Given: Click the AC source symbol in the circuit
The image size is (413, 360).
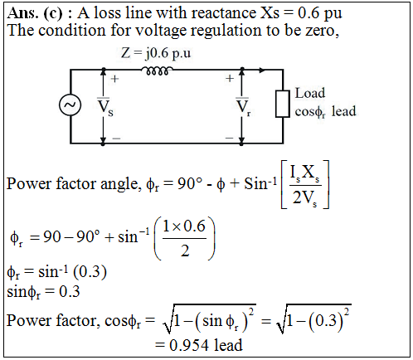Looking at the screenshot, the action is tap(70, 105).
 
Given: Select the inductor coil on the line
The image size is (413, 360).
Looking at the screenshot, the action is tap(157, 71).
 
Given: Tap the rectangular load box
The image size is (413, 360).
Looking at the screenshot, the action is tap(283, 104).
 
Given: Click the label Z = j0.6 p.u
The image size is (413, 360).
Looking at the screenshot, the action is tap(156, 53).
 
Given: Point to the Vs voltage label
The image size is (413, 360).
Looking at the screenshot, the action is tap(105, 107).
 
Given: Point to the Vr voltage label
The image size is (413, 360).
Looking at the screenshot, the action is tap(243, 107).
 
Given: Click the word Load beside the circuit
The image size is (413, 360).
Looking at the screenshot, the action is tap(310, 93).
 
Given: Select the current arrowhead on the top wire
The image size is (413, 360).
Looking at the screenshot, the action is tap(262, 71).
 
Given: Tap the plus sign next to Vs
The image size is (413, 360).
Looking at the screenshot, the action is tap(114, 79).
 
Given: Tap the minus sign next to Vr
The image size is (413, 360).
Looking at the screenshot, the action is tap(229, 138).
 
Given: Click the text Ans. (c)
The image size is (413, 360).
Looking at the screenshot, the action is tap(35, 13).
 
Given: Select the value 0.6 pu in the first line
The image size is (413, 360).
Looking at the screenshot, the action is tap(320, 13).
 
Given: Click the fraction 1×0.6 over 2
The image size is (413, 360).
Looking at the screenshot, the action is tap(184, 238).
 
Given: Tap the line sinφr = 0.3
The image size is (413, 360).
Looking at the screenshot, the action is tap(43, 292).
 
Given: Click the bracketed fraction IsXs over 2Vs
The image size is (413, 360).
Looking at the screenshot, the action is tap(305, 184).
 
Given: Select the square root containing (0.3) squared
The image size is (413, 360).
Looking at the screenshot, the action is tap(314, 319).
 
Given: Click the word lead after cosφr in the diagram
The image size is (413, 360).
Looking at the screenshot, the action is tap(343, 111).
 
